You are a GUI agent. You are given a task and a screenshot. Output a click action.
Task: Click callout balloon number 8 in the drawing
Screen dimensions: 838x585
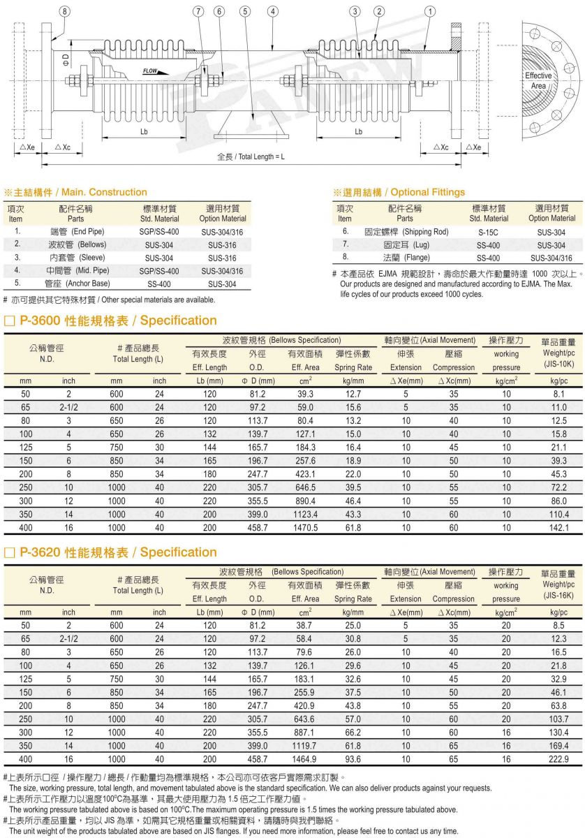tap(65, 11)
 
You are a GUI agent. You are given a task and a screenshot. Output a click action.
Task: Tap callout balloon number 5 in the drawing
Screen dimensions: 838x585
tap(245, 11)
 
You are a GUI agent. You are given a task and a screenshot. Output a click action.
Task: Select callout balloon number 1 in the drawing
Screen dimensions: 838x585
tap(430, 11)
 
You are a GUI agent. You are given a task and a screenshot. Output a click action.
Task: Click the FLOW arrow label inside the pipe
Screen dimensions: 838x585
tap(151, 71)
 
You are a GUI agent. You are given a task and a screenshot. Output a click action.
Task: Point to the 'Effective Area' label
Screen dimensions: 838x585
tap(538, 80)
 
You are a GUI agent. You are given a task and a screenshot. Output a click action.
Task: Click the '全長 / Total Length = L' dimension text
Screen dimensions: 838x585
tap(251, 156)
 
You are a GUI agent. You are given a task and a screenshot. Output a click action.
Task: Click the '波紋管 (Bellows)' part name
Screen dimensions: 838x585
tap(76, 245)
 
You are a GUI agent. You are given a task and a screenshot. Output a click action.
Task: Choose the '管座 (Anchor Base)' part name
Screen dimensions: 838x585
tap(77, 284)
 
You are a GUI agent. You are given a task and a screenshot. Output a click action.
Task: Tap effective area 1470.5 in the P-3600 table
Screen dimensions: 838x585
tap(305, 528)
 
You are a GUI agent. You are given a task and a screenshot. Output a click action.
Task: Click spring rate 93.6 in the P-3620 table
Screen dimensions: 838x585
tap(353, 759)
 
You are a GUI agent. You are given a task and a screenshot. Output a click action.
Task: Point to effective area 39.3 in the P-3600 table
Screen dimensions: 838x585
tap(305, 394)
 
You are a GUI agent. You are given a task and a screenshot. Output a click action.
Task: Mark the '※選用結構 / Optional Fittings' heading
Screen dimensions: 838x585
tap(399, 192)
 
